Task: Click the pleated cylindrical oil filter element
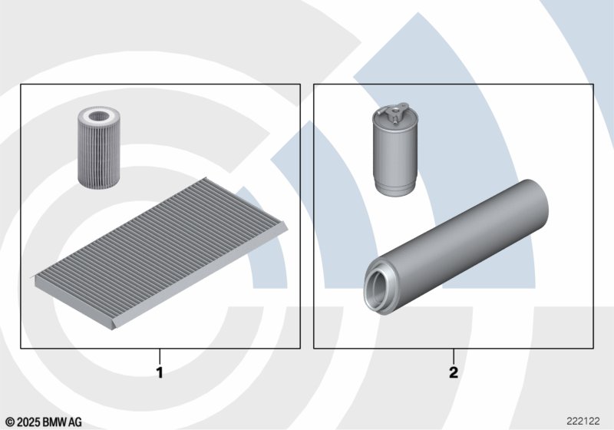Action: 99,147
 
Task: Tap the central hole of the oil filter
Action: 98,116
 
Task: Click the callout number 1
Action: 160,372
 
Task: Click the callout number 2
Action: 454,372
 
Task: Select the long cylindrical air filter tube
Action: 456,247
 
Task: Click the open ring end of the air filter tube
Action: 378,288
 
